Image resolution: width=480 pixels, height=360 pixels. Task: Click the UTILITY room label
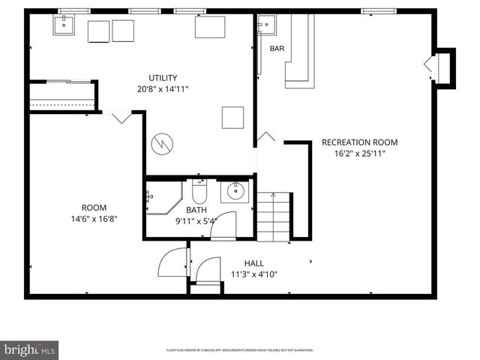[x=163, y=78]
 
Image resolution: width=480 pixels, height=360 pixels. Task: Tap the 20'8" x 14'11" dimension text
[x=163, y=89]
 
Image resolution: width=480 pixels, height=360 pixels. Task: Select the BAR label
[x=277, y=49]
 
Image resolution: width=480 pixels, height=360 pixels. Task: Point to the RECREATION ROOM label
[x=359, y=142]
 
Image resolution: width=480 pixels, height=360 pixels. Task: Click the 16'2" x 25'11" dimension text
[x=359, y=154]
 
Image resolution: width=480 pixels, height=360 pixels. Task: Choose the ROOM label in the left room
[x=94, y=208]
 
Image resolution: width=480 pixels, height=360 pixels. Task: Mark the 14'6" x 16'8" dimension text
[x=94, y=219]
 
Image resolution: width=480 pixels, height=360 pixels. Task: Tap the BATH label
[x=196, y=210]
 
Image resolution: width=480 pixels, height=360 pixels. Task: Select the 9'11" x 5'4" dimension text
[x=196, y=221]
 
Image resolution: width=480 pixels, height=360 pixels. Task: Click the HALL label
[x=254, y=263]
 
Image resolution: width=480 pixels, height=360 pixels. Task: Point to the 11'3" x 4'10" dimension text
[x=254, y=274]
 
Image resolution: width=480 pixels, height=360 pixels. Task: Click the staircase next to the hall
[x=273, y=217]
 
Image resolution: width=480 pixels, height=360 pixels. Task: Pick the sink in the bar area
[x=262, y=25]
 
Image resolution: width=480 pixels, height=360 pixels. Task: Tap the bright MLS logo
[x=30, y=349]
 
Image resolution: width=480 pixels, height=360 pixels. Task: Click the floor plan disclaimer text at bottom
[x=239, y=350]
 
